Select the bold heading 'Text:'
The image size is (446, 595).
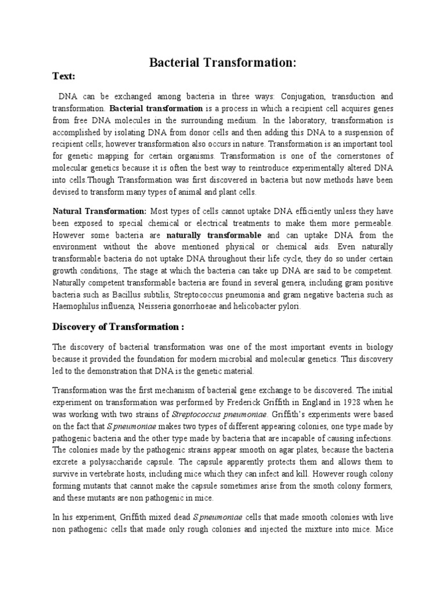coord(64,76)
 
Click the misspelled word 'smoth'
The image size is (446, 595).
coord(322,486)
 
